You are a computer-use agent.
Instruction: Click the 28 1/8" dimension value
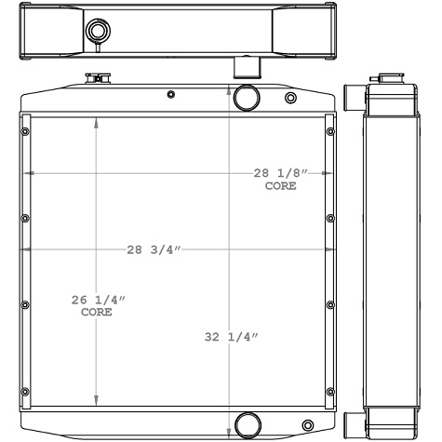[280, 173]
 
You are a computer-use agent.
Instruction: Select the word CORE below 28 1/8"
[280, 186]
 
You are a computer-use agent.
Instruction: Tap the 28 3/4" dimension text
[154, 249]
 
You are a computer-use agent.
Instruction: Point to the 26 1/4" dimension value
[97, 300]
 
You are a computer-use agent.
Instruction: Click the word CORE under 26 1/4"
[97, 313]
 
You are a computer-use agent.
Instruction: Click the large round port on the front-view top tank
[247, 97]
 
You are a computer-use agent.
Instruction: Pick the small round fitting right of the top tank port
[290, 98]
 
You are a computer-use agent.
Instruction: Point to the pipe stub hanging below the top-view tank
[244, 67]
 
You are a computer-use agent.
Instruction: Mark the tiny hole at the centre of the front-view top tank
[170, 95]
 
